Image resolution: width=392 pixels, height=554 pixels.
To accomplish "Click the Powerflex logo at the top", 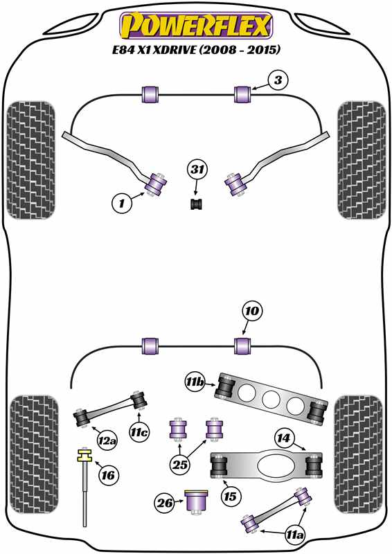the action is tap(196, 25).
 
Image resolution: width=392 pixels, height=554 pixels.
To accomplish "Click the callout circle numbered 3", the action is tap(278, 80).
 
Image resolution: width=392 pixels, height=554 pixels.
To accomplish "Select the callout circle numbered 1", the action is tap(122, 203).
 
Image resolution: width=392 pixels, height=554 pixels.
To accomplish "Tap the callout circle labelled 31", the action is tap(197, 170).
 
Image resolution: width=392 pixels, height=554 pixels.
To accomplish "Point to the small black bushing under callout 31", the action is tap(197, 204).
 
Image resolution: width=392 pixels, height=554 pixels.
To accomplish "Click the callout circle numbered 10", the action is tap(252, 311).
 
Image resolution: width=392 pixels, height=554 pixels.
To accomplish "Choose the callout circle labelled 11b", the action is tap(195, 382).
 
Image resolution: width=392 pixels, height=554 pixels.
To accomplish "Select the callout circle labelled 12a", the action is tap(108, 440).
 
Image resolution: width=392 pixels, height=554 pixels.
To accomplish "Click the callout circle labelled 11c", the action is tap(139, 432).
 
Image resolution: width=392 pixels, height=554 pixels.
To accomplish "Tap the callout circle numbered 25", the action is tap(180, 464).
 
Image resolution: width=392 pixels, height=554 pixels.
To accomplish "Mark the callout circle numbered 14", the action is tap(283, 438).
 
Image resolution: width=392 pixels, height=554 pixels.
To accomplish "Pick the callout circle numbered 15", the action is tap(230, 497).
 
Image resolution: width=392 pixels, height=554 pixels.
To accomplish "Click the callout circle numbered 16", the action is tap(108, 475).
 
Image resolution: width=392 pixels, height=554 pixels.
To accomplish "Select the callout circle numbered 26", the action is tap(166, 503).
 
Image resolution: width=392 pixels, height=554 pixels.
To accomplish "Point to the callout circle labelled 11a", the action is tap(295, 535).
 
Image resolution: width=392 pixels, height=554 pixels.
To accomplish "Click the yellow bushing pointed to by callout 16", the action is tap(84, 455).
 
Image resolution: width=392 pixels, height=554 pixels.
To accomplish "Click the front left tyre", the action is tap(31, 160).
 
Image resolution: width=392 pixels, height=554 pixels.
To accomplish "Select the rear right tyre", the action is tap(359, 454).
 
